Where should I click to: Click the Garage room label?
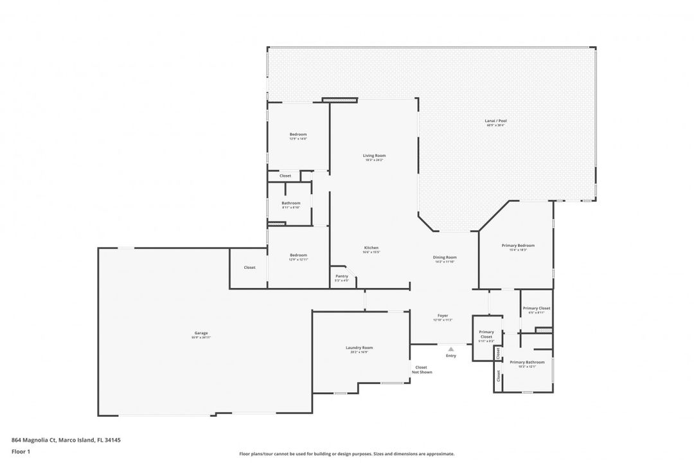click(201, 333)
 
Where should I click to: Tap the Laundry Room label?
click(359, 347)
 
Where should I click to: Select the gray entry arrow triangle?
click(451, 349)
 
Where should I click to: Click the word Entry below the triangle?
click(451, 356)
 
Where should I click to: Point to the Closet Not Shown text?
click(422, 370)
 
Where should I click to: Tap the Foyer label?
click(443, 315)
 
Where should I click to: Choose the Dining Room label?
click(445, 257)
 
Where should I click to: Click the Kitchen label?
click(371, 248)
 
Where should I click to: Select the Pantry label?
click(342, 276)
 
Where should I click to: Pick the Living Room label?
click(374, 155)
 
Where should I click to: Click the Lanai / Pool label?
click(495, 120)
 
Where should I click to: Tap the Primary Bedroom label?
click(518, 245)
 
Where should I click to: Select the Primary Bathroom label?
click(527, 362)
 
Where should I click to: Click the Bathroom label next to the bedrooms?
click(290, 203)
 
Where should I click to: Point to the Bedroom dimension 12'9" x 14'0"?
click(298, 139)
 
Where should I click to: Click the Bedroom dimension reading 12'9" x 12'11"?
click(298, 259)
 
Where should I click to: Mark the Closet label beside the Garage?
click(249, 268)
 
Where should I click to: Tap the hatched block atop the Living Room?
click(339, 100)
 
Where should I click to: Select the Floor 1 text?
click(21, 451)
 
